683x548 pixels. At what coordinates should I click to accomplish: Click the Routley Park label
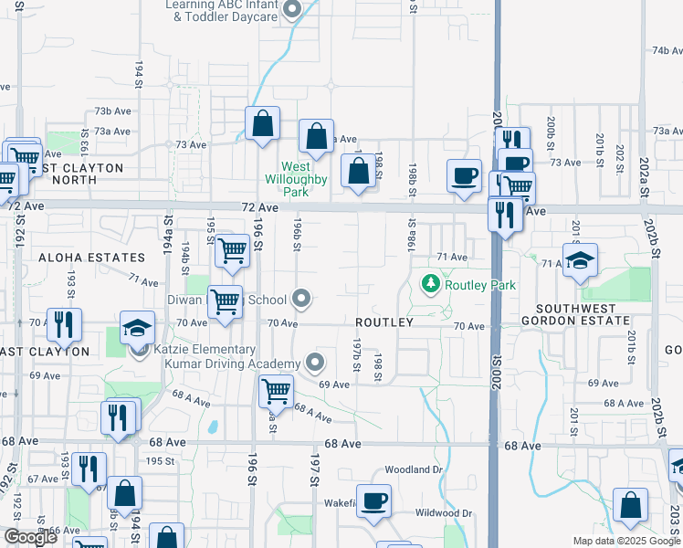[480, 285]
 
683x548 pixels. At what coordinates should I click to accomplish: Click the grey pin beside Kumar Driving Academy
[315, 363]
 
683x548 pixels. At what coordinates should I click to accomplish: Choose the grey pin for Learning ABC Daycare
[292, 11]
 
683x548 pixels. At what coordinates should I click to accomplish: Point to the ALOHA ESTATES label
[91, 258]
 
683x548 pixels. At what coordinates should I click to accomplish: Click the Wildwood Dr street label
[443, 513]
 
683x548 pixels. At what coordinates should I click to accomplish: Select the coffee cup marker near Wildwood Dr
[373, 501]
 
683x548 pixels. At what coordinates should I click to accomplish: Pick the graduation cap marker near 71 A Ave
[580, 261]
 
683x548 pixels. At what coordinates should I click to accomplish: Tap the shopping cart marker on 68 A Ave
[275, 392]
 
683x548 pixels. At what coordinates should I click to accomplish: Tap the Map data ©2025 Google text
[626, 541]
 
